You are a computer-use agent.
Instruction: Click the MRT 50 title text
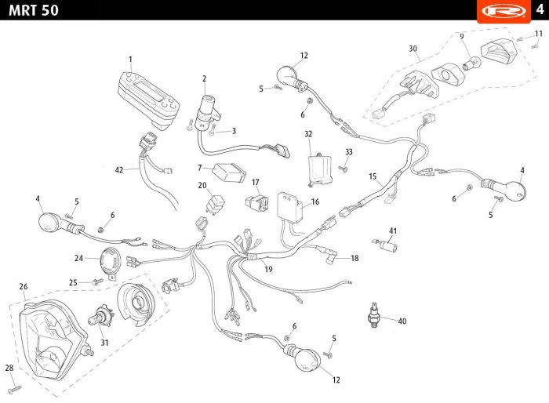tap(34, 10)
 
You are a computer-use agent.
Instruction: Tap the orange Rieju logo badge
tap(504, 11)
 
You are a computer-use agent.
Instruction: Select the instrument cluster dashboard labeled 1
tap(148, 100)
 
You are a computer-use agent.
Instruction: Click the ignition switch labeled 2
tap(207, 112)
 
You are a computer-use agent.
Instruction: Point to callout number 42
tap(119, 170)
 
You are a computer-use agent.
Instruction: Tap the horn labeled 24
tap(111, 263)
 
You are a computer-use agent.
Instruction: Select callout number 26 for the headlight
tap(24, 286)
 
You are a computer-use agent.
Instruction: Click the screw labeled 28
tap(16, 389)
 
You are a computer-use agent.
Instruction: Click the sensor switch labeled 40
tap(374, 314)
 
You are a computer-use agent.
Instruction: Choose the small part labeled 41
tap(386, 245)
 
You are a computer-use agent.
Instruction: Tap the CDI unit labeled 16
tap(290, 207)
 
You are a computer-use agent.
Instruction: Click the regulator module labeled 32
tap(319, 169)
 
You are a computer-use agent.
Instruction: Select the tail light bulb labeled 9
tap(471, 63)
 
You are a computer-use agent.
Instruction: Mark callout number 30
tap(413, 49)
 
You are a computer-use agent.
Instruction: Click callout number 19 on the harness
tap(268, 269)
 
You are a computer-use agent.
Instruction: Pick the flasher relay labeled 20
tap(216, 203)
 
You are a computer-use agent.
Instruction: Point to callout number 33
tap(349, 152)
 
